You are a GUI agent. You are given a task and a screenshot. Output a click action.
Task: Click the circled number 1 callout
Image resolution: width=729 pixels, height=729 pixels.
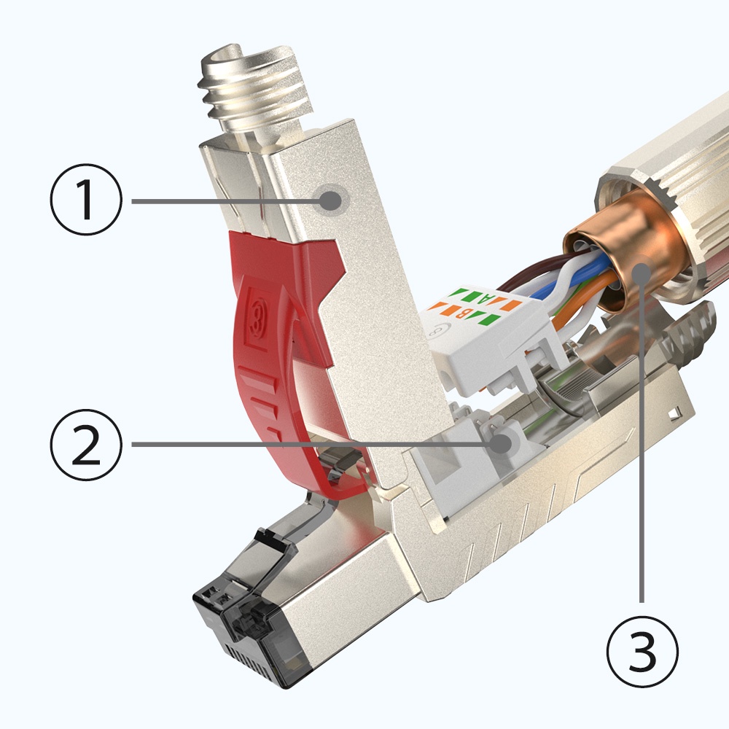click(x=87, y=200)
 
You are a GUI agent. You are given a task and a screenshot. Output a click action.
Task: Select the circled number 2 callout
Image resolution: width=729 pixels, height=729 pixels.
click(x=87, y=445)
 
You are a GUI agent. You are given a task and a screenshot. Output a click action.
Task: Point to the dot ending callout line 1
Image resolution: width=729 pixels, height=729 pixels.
click(x=332, y=199)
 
